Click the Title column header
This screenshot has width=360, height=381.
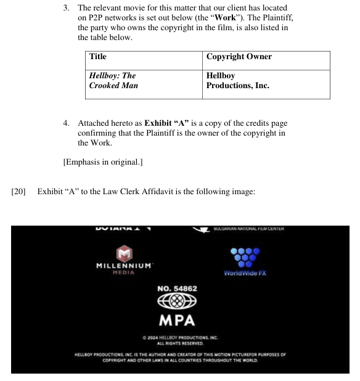[98, 57]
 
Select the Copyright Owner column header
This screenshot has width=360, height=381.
[239, 57]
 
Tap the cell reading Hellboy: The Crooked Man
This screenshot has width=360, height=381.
[113, 81]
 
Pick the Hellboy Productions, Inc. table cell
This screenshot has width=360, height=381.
[237, 81]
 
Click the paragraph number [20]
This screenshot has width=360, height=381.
[18, 192]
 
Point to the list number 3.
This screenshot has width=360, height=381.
[67, 8]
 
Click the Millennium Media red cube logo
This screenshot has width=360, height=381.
[125, 253]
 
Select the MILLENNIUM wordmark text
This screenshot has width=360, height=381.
[124, 265]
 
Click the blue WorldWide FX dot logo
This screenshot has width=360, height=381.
[245, 258]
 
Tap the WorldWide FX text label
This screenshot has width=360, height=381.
[245, 273]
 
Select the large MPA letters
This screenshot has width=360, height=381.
[177, 321]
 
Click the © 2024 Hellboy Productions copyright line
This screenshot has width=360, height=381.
[180, 338]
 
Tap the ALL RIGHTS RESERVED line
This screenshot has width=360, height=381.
[180, 343]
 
